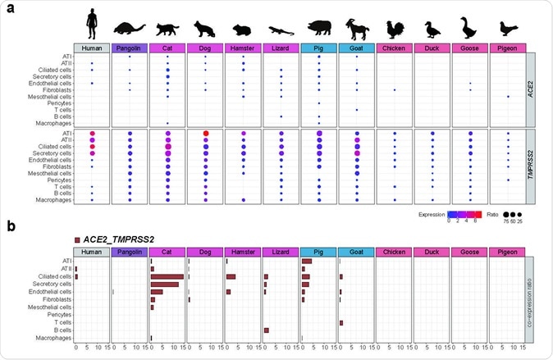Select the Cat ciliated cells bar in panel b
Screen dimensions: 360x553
(167, 276)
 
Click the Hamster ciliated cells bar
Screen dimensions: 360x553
(231, 276)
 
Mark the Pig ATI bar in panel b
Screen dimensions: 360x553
(307, 262)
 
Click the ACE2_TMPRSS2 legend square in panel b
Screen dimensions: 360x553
(77, 239)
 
